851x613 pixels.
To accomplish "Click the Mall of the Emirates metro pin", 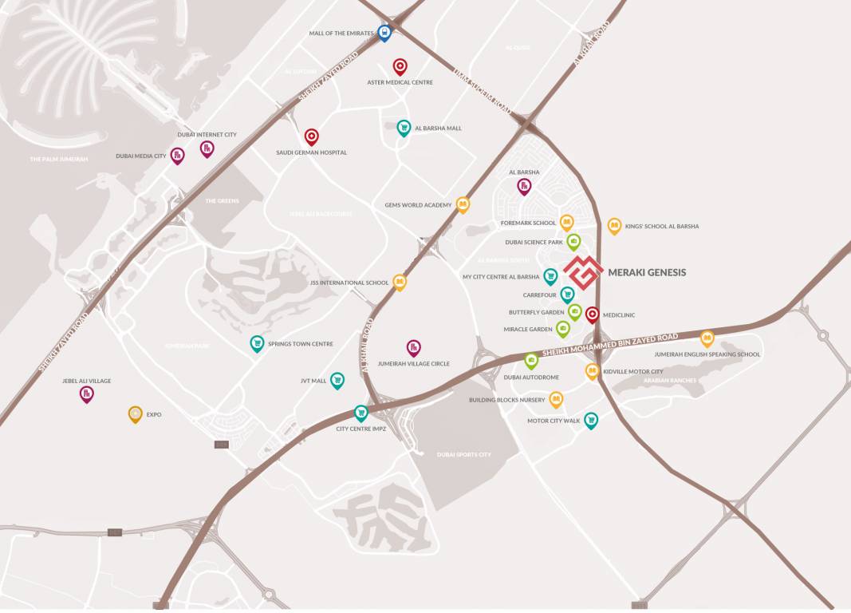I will [x=384, y=32].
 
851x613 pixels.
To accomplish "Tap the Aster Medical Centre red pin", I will [x=400, y=66].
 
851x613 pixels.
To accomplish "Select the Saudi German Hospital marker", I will [x=311, y=136].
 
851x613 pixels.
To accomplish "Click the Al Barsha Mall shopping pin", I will [x=404, y=127].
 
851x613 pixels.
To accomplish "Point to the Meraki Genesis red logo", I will [x=582, y=272].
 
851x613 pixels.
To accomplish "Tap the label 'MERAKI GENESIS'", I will [x=647, y=272].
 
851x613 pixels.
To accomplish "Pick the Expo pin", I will [x=136, y=413].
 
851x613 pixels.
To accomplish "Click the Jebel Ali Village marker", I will [x=87, y=393].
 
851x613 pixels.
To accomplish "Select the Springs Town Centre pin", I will [x=257, y=343].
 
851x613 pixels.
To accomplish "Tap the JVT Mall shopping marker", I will [x=337, y=380].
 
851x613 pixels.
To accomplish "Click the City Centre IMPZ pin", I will [x=360, y=413].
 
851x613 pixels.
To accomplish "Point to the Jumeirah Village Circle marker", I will [x=413, y=347].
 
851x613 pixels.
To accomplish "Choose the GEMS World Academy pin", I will [x=463, y=204].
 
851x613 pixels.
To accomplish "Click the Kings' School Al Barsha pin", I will [x=614, y=226].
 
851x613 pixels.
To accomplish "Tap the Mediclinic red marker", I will [x=593, y=314].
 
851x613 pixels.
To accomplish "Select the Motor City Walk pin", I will [x=591, y=420].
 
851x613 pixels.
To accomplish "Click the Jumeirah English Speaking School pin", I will [x=707, y=338].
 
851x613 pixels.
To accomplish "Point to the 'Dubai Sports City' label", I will [x=464, y=454].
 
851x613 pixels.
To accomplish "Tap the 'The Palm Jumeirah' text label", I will [x=59, y=160].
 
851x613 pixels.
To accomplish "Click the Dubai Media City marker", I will [x=177, y=156].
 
